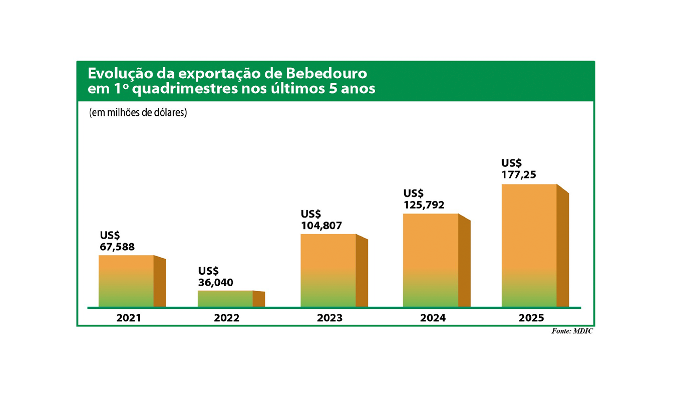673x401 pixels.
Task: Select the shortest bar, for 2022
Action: coord(225,299)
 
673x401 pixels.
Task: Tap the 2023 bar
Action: coord(328,270)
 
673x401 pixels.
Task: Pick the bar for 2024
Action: coord(431,260)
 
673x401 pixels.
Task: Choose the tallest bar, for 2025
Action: coord(529,246)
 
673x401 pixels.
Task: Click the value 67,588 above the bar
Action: coord(117,247)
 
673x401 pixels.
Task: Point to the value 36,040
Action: coord(216,282)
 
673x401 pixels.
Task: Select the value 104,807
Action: coord(321,226)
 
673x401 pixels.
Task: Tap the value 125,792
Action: coord(424,205)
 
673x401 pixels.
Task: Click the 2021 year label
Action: coord(129,318)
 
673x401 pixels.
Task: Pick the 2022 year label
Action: coord(227,318)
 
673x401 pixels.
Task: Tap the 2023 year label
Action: coord(329,318)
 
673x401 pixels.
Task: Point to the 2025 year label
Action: coord(531,318)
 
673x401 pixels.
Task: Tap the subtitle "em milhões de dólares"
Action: coord(138,113)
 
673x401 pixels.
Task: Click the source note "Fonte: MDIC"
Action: coord(572,332)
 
